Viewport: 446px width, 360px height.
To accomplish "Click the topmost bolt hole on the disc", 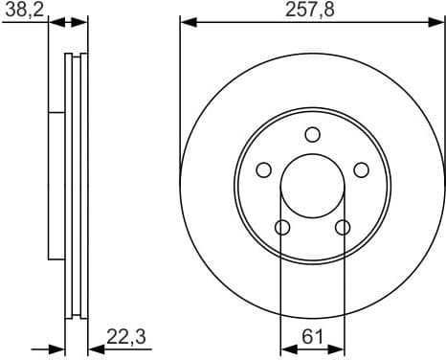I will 312,134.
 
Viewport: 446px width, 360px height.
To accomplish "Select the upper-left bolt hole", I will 263,169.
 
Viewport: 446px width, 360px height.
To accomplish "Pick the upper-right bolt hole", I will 361,169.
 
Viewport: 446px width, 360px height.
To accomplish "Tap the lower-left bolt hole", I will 281,227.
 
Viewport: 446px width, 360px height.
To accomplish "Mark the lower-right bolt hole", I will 343,227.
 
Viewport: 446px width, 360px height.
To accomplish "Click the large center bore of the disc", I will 312,186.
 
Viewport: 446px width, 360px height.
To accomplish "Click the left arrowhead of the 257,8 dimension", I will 186,22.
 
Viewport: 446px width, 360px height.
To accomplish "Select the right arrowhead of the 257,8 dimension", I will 438,22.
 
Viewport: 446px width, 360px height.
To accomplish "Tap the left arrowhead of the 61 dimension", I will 285,348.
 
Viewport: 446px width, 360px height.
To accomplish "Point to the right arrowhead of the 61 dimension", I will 339,348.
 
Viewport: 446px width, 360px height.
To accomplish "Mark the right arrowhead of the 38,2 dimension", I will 82,22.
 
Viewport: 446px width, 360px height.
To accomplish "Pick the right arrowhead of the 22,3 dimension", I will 93,348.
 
